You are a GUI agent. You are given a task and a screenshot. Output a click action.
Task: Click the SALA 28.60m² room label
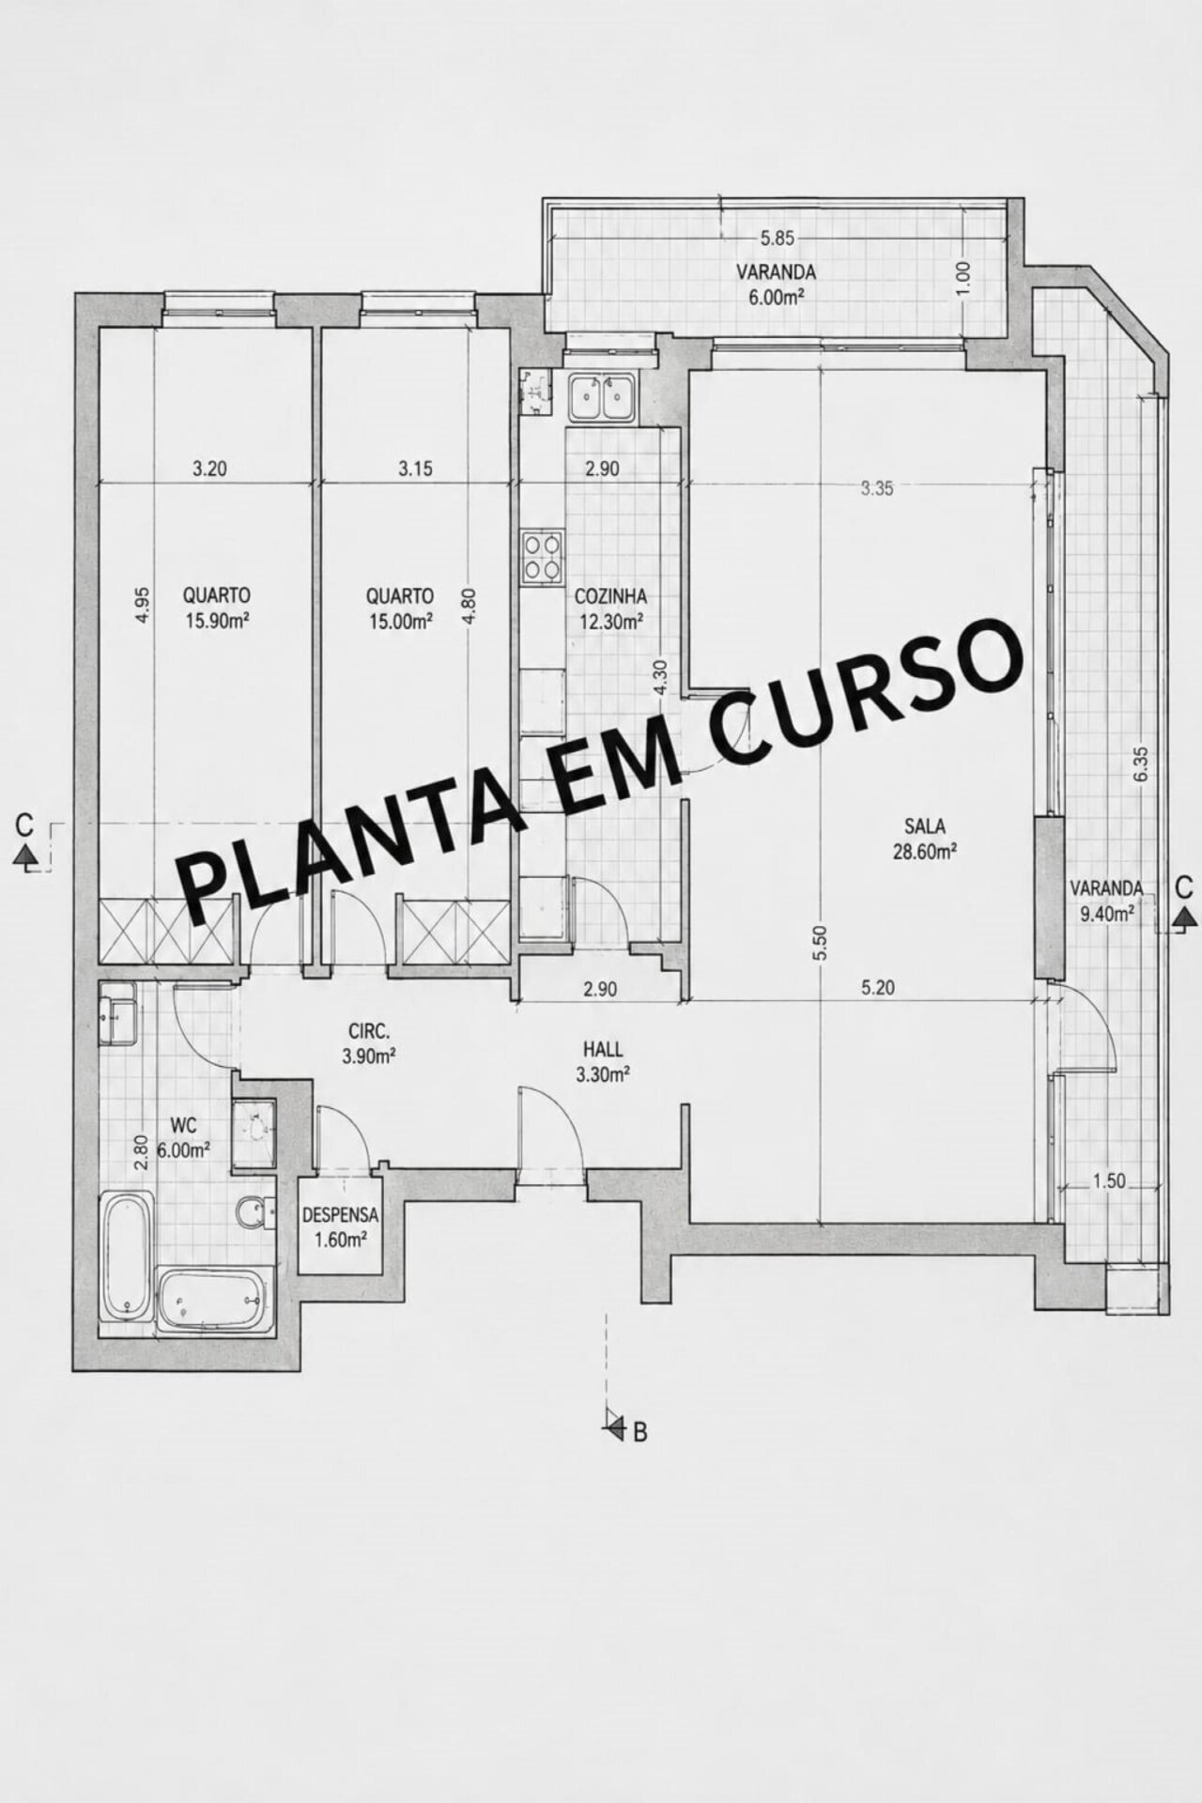[x=925, y=839]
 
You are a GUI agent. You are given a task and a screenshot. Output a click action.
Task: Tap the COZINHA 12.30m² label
[x=610, y=608]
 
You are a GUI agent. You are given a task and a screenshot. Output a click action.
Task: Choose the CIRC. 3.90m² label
[x=367, y=1042]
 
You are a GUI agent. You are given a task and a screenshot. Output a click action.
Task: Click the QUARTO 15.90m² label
[x=217, y=608]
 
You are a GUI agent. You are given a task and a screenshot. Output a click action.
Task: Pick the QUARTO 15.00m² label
[x=400, y=608]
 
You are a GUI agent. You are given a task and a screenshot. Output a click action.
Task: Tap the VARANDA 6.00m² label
[x=776, y=284]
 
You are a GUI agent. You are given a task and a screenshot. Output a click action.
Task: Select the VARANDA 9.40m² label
[x=1107, y=900]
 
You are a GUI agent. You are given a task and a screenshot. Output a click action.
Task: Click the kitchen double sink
[x=603, y=397]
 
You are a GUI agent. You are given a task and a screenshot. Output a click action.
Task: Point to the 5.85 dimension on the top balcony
[x=778, y=239]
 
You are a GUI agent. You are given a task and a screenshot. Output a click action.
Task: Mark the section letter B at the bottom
[x=640, y=1433]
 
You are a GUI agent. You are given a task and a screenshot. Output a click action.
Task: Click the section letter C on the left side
[x=25, y=826]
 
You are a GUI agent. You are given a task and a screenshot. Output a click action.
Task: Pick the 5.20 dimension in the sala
[x=877, y=987]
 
